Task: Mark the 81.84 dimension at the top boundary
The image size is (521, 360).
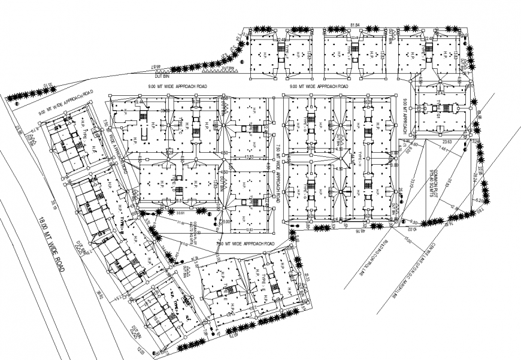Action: pos(355,25)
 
